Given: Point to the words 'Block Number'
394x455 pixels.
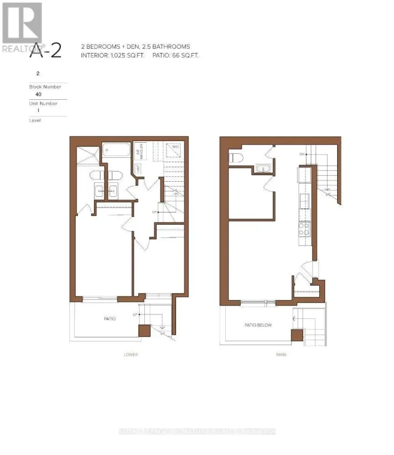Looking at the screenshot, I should tap(45, 86).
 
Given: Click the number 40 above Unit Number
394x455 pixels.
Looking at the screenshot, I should tap(38, 94).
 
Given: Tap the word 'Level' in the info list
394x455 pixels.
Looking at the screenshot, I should tap(35, 120).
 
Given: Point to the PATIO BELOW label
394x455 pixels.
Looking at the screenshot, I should tap(258, 325).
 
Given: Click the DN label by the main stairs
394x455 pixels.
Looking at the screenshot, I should tap(302, 154).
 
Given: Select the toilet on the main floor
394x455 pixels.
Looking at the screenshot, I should tap(235, 157).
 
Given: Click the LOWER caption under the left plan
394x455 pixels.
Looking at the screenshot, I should tap(131, 355).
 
